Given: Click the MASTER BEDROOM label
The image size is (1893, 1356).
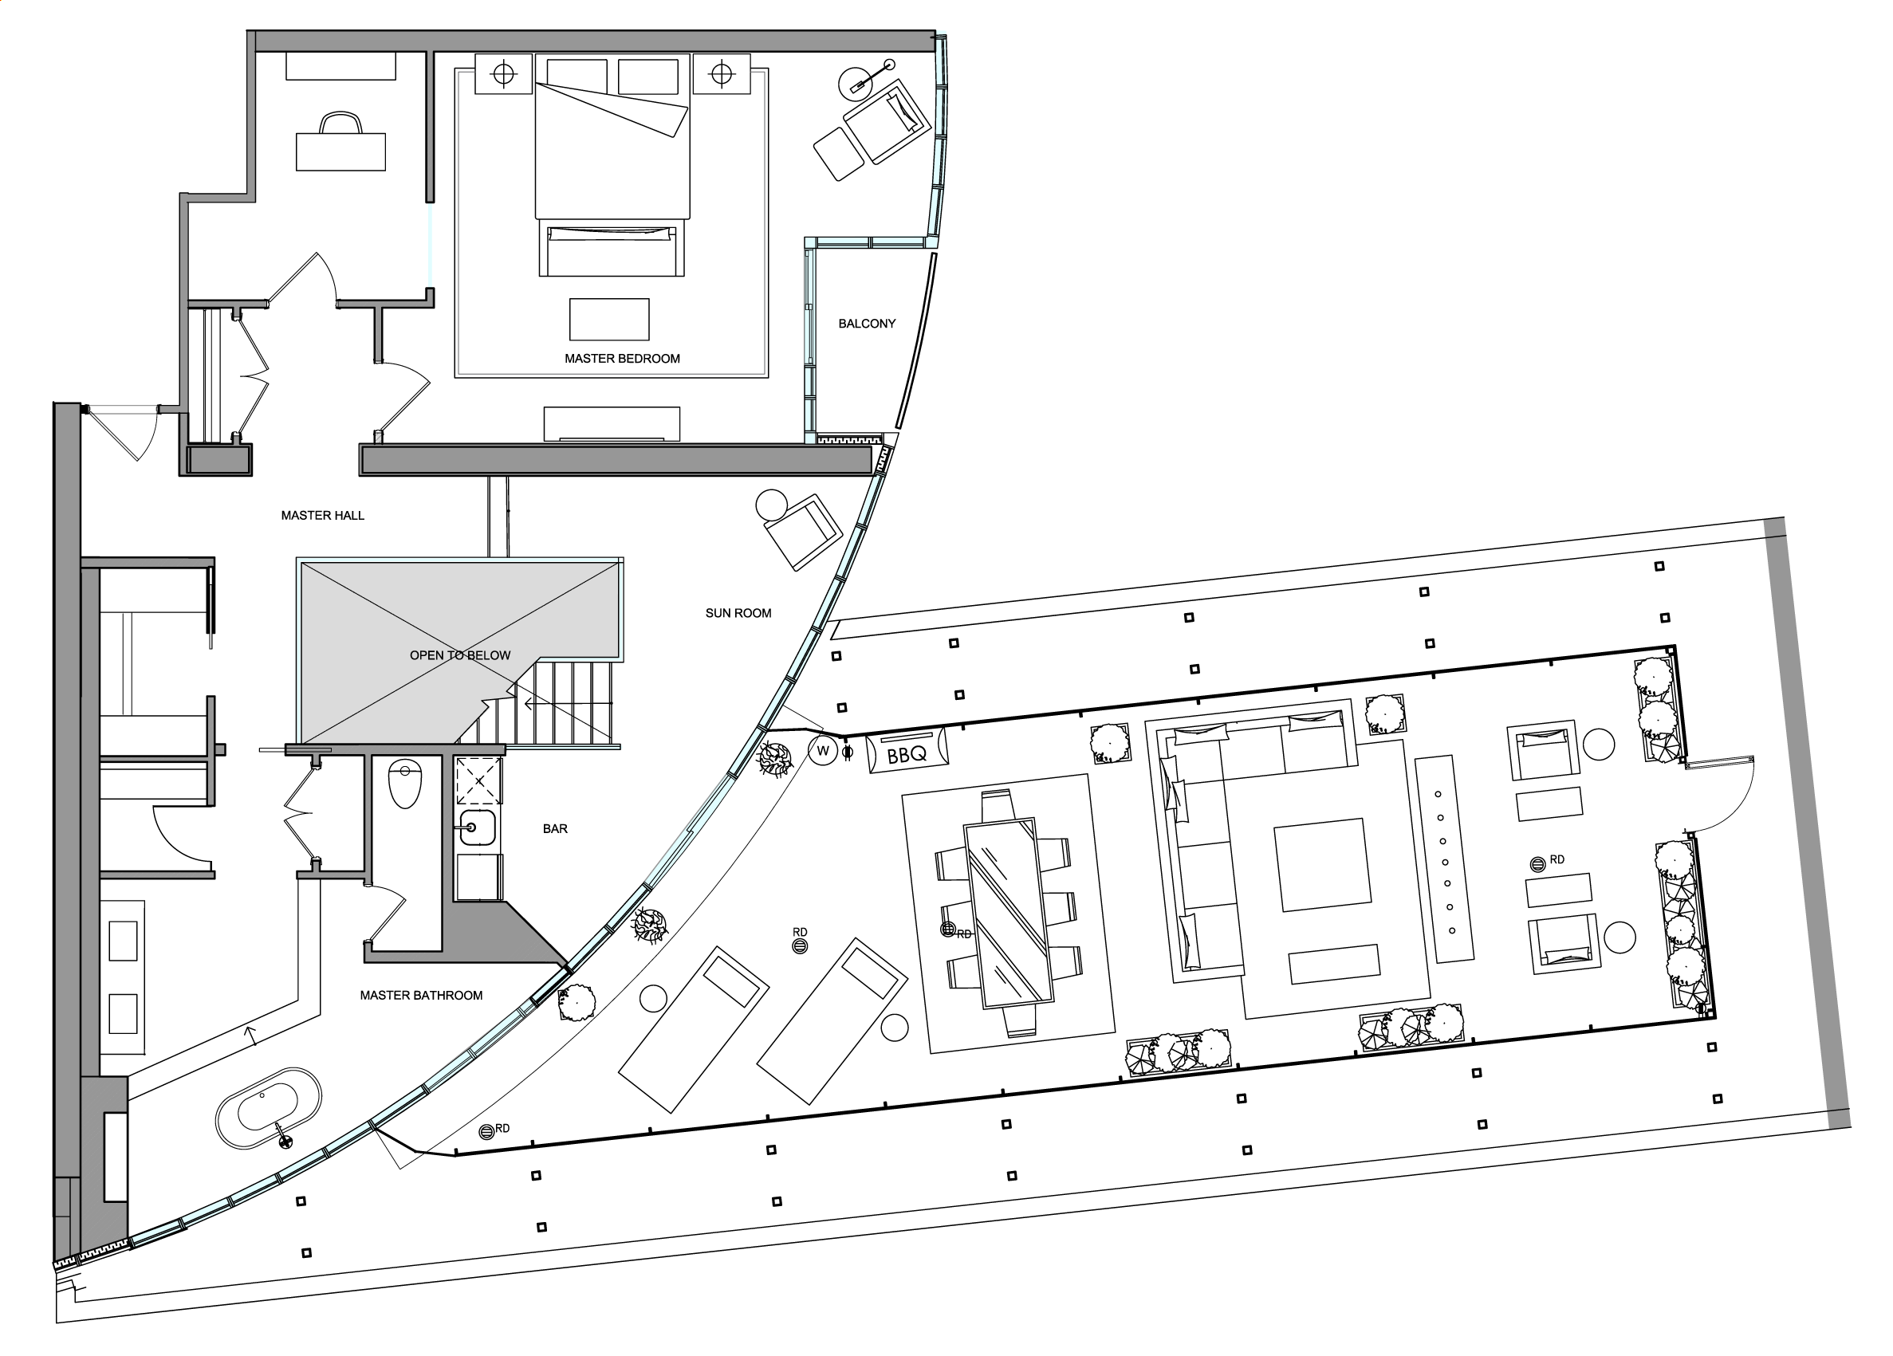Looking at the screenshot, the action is click(x=622, y=359).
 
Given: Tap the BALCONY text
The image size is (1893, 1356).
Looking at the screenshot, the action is click(x=867, y=324).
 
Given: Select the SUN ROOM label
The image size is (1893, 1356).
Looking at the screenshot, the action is click(x=738, y=613).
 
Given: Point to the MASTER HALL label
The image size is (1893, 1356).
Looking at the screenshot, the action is click(x=322, y=516).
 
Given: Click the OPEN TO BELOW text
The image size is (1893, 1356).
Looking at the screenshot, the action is click(x=460, y=656).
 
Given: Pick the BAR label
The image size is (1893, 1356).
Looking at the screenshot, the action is click(x=555, y=828).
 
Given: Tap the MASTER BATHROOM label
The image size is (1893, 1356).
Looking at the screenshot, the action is click(x=421, y=996).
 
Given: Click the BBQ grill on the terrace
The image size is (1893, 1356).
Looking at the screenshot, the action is click(x=907, y=752).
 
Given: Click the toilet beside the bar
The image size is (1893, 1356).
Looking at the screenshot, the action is click(x=406, y=784).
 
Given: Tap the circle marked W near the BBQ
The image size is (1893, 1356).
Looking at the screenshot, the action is click(x=823, y=751).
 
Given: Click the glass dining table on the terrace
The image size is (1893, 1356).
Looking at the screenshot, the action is click(x=1007, y=914).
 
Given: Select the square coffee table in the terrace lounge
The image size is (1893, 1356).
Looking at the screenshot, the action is click(x=1322, y=864).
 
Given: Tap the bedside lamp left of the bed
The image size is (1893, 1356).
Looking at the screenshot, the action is click(x=503, y=75).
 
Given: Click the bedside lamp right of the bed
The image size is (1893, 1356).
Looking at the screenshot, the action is click(x=722, y=75).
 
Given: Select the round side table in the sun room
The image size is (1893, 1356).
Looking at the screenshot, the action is click(x=771, y=505).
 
